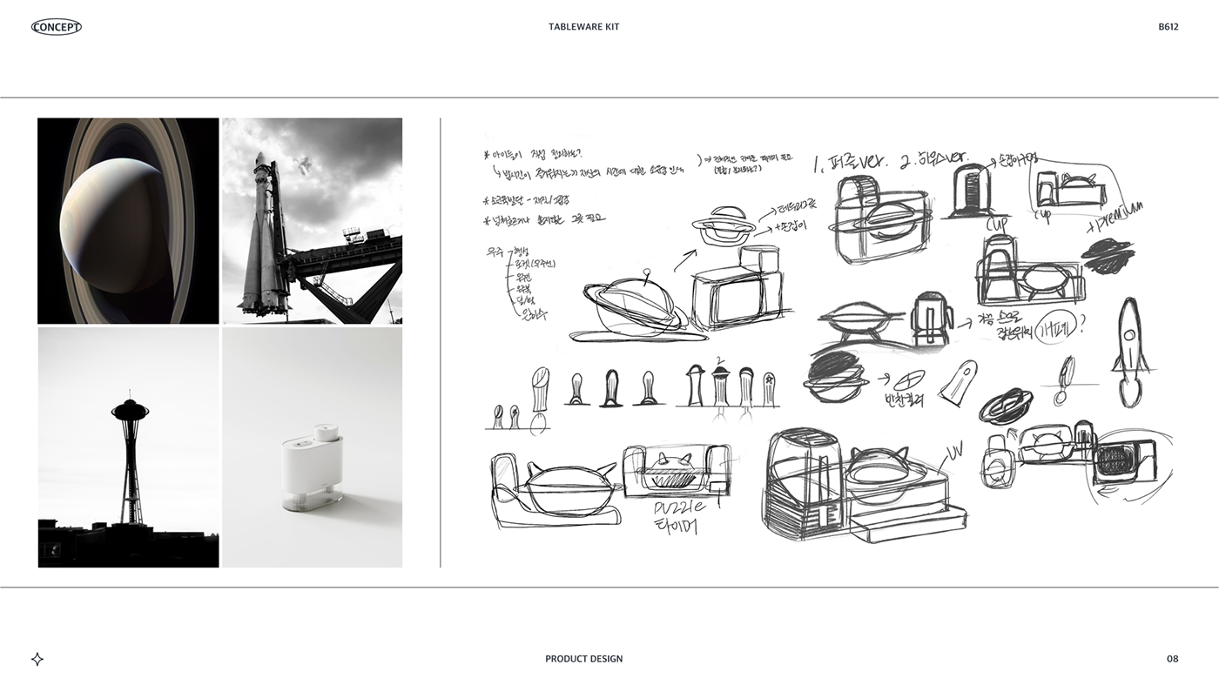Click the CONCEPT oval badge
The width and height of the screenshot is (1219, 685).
pyautogui.click(x=57, y=27)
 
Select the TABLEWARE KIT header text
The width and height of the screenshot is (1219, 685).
pyautogui.click(x=583, y=27)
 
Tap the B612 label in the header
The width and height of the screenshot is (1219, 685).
pyautogui.click(x=1168, y=27)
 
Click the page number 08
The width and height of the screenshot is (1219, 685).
pyautogui.click(x=1172, y=659)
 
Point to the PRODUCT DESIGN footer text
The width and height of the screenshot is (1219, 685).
pyautogui.click(x=583, y=659)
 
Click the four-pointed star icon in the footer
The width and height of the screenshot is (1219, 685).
pyautogui.click(x=37, y=659)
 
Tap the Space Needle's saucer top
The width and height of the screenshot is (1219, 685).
pyautogui.click(x=130, y=409)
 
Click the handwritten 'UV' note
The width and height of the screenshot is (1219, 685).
pyautogui.click(x=956, y=451)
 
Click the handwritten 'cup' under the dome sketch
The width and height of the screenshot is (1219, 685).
pyautogui.click(x=997, y=225)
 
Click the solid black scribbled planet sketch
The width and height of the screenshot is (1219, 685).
pyautogui.click(x=1108, y=258)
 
